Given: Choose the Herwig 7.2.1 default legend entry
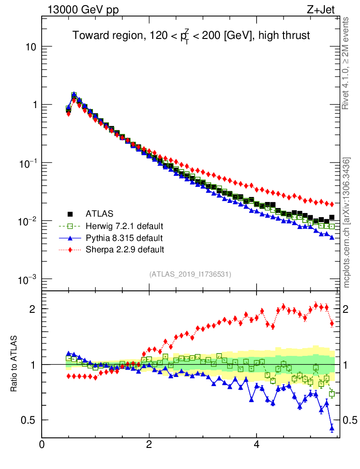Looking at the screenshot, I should pos(124,226).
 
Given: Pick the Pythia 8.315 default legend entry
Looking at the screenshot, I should pos(124,238).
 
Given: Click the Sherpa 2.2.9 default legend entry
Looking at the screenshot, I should pos(125,250).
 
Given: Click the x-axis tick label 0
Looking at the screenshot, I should pos(42,445).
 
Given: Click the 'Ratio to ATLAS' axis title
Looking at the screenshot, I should pos(14,364).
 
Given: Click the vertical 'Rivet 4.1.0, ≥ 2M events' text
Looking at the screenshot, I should pos(346,63).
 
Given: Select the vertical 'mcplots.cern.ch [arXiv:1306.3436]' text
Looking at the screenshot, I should pos(347,223).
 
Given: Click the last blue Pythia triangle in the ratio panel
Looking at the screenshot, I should pos(332,429).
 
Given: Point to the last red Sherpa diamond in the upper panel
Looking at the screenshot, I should pos(332,204).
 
